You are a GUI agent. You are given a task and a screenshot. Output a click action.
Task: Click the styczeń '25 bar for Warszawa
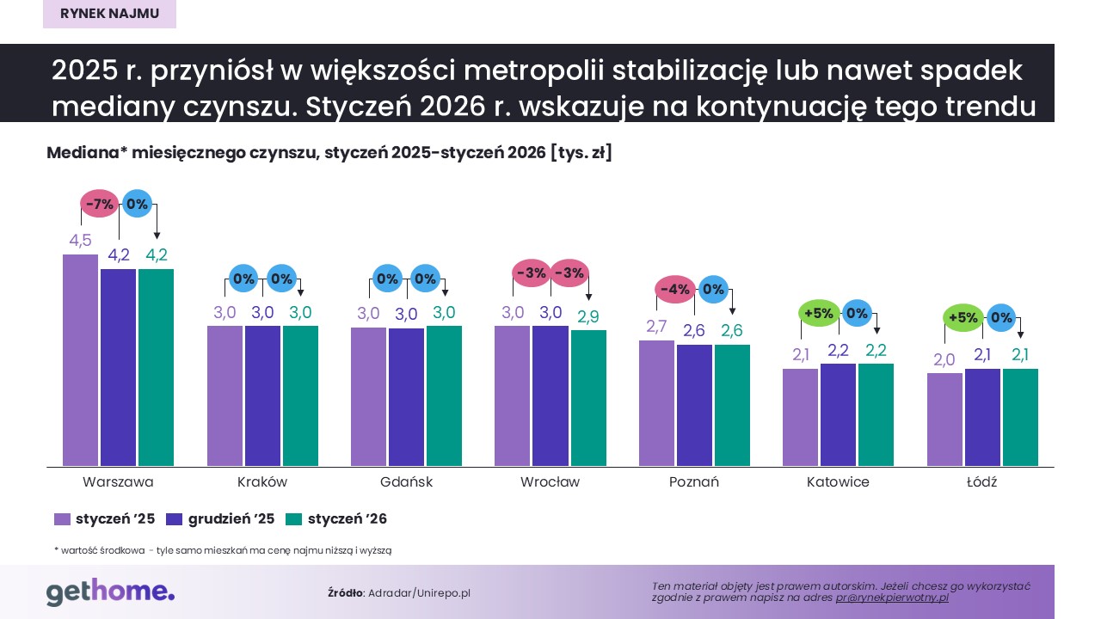coord(81,360)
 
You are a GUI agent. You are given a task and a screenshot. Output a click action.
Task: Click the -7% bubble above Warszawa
coord(100,205)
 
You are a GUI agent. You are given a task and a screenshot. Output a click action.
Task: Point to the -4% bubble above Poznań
coord(675,290)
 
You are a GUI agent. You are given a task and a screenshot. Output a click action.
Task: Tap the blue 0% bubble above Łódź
coord(1000,317)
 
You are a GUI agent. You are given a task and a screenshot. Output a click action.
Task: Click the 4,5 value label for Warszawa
coord(80,241)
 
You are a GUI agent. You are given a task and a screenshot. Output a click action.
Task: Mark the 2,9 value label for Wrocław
coord(588,317)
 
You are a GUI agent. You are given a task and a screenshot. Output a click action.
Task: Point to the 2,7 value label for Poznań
coord(657,327)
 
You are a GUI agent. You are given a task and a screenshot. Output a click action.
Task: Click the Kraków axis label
coord(262,482)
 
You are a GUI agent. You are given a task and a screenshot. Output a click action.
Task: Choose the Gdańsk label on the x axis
coord(406,482)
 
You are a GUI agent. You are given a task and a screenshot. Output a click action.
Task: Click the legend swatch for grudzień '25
coord(174,519)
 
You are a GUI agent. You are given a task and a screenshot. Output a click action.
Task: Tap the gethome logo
coord(110,591)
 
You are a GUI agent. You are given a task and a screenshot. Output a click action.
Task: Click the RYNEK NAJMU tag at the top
coord(109,14)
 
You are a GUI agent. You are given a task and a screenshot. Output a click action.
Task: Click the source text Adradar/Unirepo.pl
coord(419,593)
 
